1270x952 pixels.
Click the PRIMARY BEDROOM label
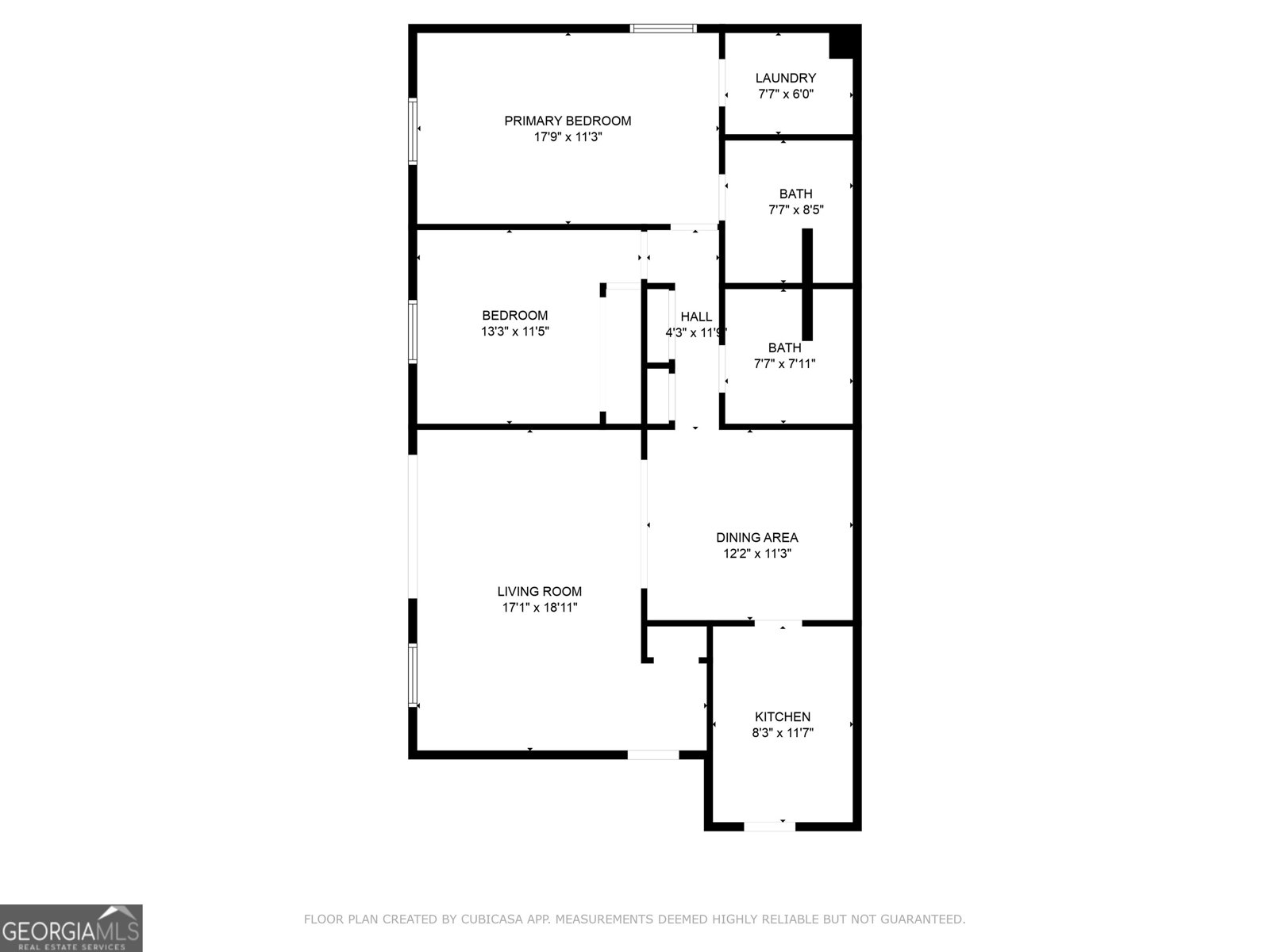(568, 121)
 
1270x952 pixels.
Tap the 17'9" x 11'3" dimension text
(568, 137)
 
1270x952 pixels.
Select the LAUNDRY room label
(785, 78)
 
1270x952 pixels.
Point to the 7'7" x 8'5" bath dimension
(795, 210)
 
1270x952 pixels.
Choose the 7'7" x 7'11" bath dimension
(784, 364)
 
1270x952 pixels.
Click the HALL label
(696, 317)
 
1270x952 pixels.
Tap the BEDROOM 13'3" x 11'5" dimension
(515, 332)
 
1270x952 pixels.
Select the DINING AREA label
(756, 537)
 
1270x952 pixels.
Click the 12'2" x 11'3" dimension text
(756, 554)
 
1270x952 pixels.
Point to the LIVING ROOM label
(539, 591)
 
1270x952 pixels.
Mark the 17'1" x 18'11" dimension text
(539, 608)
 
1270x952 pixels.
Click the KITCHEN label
(782, 716)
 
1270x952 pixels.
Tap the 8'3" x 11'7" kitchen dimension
(782, 733)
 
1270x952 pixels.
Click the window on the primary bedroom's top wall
(663, 29)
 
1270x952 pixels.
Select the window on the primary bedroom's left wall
(413, 131)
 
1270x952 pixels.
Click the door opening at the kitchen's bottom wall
(768, 826)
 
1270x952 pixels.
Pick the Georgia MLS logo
(71, 927)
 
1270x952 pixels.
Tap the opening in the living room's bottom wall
(652, 754)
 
